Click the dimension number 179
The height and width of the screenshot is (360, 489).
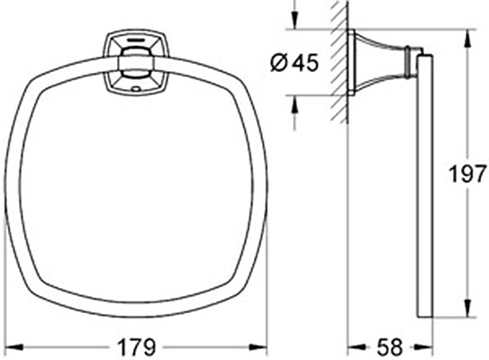[138, 346]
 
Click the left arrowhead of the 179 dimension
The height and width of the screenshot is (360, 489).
[11, 346]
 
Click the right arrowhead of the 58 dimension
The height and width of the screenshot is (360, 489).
[424, 346]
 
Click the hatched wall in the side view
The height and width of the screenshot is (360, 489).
[340, 63]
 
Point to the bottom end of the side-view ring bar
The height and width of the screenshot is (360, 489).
[423, 313]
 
